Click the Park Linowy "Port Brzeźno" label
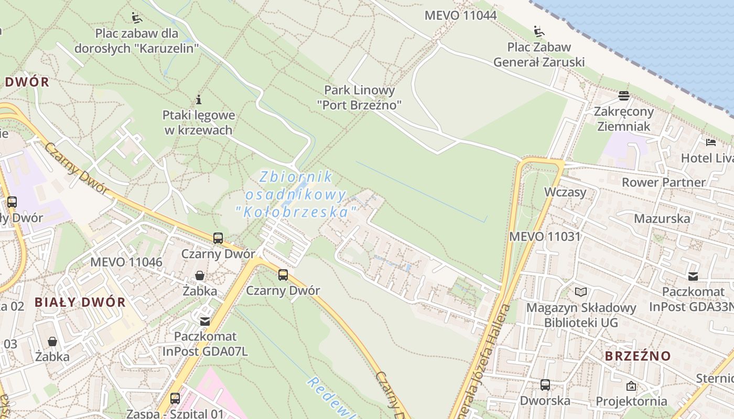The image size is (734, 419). pos(359,97)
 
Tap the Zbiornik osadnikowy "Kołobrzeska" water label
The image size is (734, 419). pos(297,194)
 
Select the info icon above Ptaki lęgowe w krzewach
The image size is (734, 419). pos(199,99)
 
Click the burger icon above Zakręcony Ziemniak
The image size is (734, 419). pos(623,96)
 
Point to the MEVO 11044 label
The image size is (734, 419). pos(460,15)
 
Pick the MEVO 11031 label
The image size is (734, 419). pos(545,236)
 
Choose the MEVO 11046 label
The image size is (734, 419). pos(126,262)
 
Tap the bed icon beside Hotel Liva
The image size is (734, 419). pos(711,142)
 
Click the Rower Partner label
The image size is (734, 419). pos(663,182)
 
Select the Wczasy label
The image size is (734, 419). pos(565,192)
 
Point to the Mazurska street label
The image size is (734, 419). pos(662,218)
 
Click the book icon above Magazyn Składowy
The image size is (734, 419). pos(581,292)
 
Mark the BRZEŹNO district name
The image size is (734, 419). pos(638,356)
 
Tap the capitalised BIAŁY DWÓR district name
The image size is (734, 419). pos(80,302)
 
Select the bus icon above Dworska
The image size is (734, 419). pos(545,385)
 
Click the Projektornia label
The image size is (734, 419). pos(631,401)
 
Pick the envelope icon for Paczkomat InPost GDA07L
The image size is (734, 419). pos(205,321)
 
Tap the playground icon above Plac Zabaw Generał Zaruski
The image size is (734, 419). pos(539,31)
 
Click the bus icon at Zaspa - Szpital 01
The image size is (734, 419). pos(175,398)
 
